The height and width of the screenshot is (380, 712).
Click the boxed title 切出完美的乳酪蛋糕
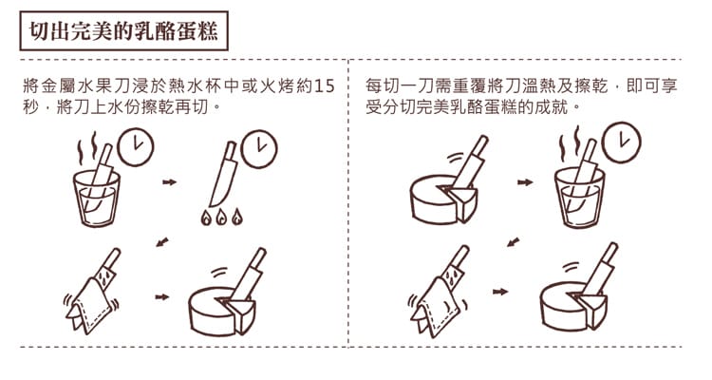[x=123, y=31]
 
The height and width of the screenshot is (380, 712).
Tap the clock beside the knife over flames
[x=258, y=149]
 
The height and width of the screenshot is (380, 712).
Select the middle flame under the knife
[x=221, y=218]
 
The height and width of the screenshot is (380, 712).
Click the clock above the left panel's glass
[x=136, y=147]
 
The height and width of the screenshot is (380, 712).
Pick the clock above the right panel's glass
[x=621, y=142]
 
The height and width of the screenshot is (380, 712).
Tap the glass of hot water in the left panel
[x=97, y=199]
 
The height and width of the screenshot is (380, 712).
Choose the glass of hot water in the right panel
[x=580, y=197]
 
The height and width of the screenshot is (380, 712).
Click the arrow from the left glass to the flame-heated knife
[x=169, y=182]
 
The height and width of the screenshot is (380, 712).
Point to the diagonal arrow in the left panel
[x=162, y=241]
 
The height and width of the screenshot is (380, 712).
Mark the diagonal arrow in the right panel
[x=513, y=241]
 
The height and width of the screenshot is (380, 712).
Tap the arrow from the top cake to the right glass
[x=525, y=182]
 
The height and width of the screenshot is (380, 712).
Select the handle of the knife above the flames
[x=231, y=150]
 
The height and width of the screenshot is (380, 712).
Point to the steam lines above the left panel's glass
[x=87, y=148]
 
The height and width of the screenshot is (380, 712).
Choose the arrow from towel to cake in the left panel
[x=161, y=297]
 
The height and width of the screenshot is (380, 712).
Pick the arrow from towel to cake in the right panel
[x=500, y=292]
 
